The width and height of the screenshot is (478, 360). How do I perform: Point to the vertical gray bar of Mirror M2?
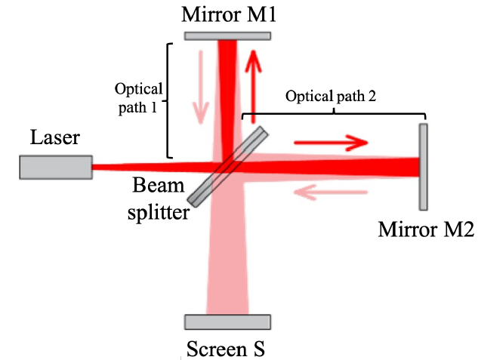[424, 166]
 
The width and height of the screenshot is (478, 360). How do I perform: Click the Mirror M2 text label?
[427, 229]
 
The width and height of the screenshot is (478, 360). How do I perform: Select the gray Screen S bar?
[228, 322]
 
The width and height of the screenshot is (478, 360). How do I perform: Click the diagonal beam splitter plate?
[229, 166]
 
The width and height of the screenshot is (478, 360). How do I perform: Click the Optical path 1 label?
[135, 97]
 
